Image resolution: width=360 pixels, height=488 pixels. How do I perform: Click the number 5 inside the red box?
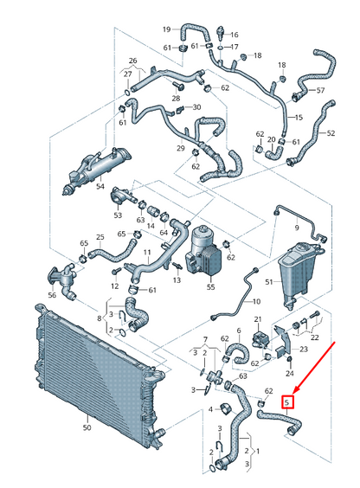coord(289,401)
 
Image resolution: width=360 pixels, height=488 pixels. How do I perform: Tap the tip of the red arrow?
coord(294,394)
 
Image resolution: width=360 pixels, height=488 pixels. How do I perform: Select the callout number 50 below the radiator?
coord(87,427)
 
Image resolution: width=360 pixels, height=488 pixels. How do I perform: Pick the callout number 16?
coord(234,35)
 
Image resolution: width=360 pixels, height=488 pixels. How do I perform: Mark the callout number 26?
coord(133,61)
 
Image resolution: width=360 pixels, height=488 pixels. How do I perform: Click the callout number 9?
coord(296,227)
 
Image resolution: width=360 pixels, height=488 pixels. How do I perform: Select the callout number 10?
coord(256,302)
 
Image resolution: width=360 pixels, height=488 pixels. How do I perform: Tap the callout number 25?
coord(100,237)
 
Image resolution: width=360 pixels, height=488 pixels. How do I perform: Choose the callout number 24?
coord(291,374)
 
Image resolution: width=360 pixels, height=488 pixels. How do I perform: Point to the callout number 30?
coord(196,107)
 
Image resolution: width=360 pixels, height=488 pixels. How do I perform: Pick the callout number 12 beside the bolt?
coord(113,285)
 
